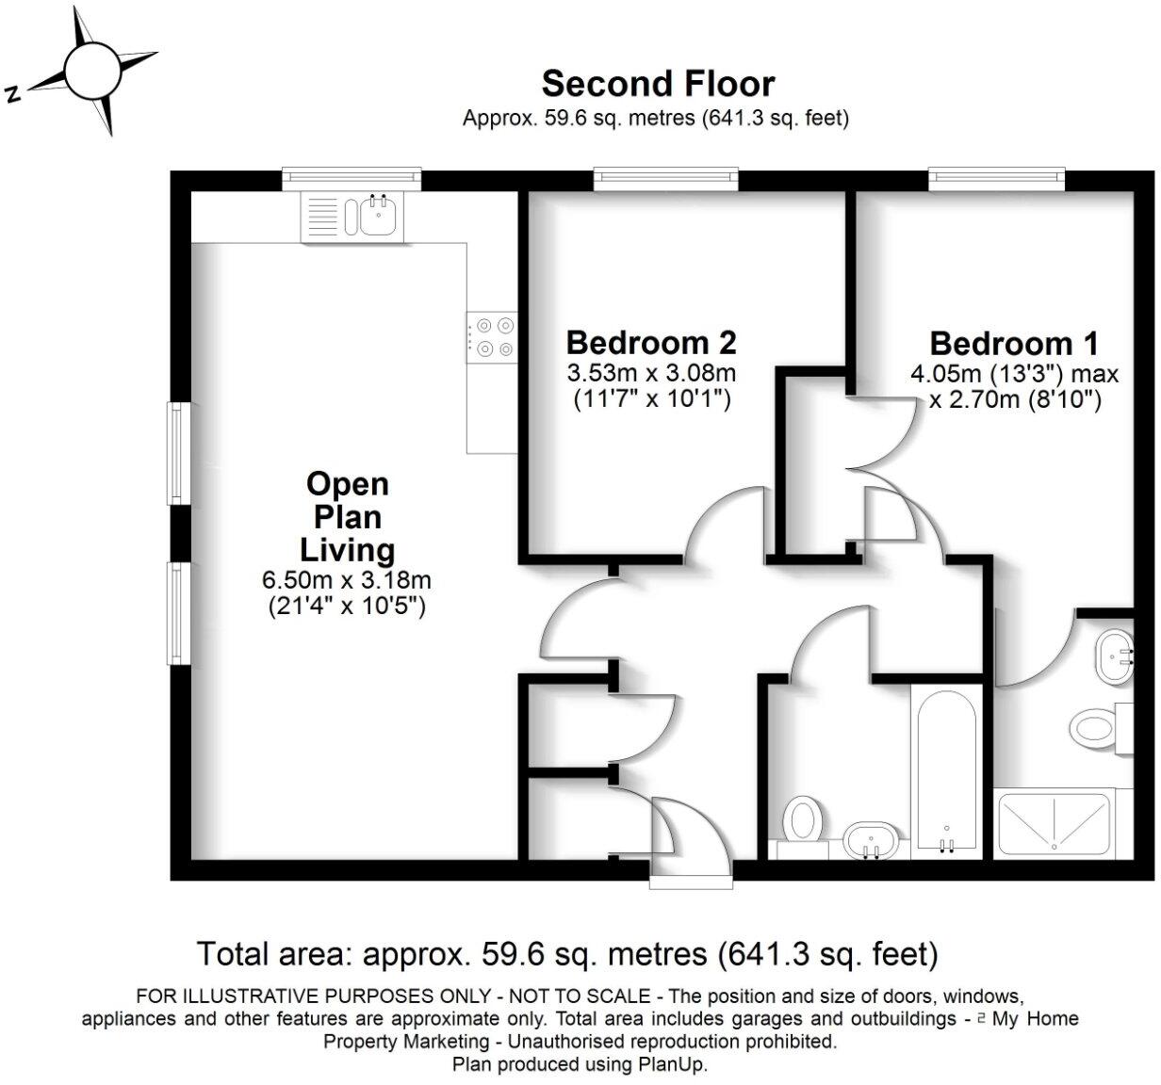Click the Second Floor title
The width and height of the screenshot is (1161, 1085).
pyautogui.click(x=657, y=84)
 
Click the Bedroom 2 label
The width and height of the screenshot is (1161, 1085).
pyautogui.click(x=650, y=341)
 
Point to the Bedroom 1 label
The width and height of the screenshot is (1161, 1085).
pyautogui.click(x=1014, y=343)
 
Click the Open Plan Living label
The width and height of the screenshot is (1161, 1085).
pyautogui.click(x=347, y=516)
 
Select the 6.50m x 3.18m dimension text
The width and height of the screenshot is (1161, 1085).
pyautogui.click(x=347, y=580)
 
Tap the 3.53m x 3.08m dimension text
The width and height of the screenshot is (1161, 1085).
pyautogui.click(x=650, y=373)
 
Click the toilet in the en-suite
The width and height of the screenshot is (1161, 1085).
pyautogui.click(x=1095, y=727)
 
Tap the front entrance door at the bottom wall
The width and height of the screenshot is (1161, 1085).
pyautogui.click(x=691, y=882)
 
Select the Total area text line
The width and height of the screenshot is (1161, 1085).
pyautogui.click(x=567, y=953)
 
